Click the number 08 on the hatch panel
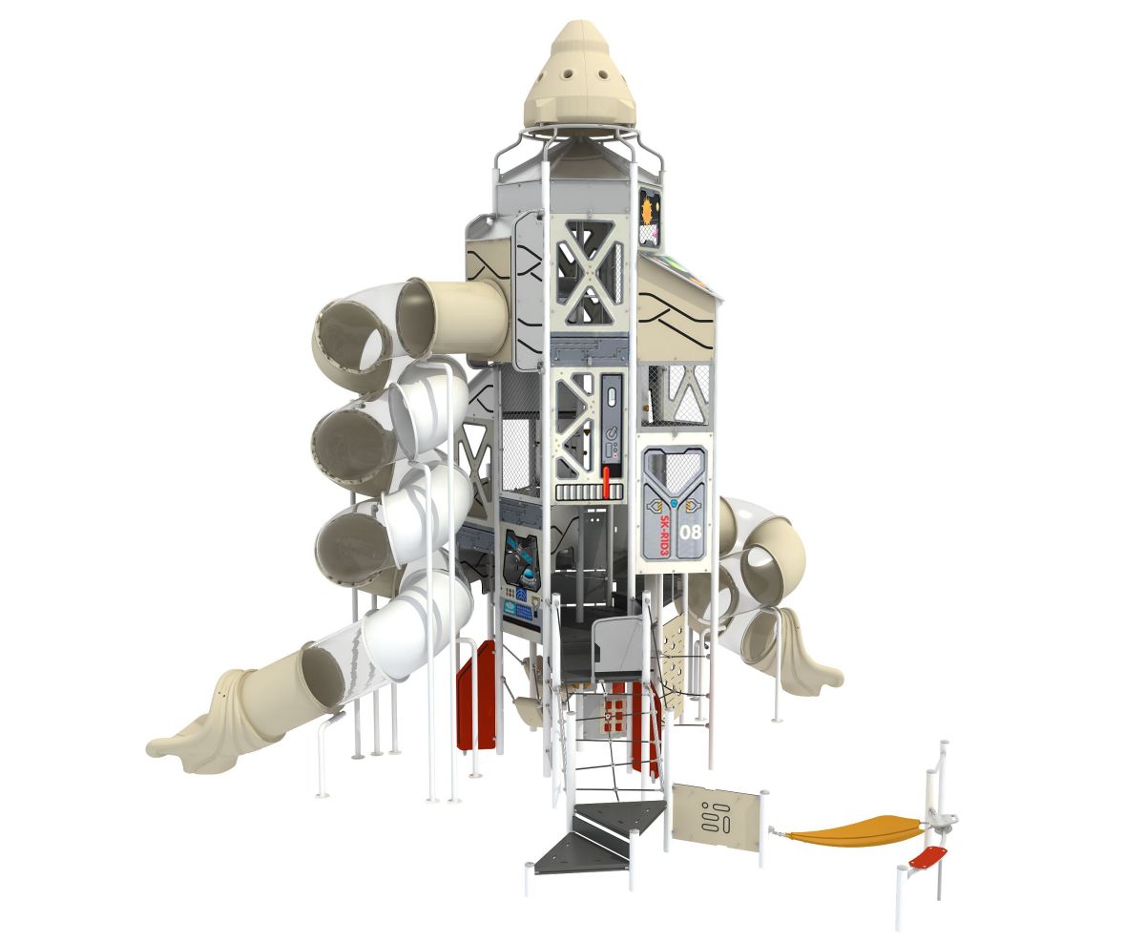(x=690, y=532)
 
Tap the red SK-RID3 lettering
(x=662, y=535)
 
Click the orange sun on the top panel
(x=649, y=210)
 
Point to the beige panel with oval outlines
(x=716, y=814)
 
